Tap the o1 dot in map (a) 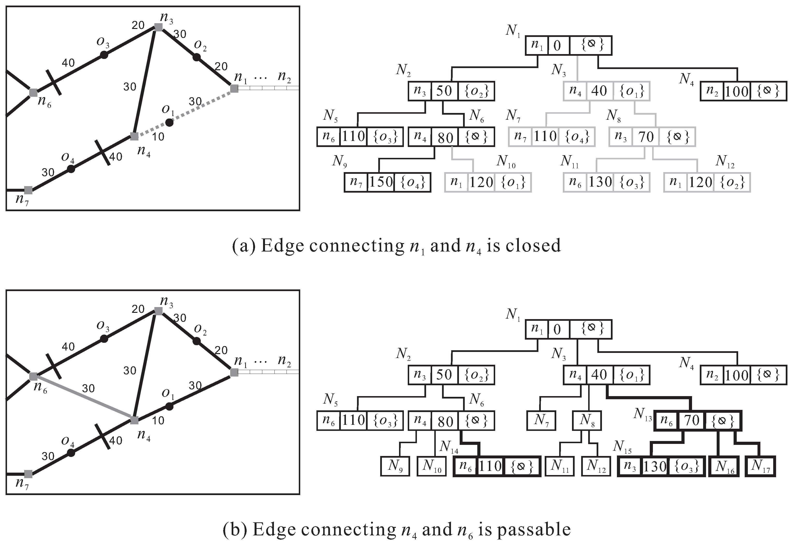click(169, 122)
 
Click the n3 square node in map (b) click(158, 311)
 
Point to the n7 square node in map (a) click(29, 190)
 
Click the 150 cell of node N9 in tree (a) click(381, 182)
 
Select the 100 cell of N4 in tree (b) click(737, 375)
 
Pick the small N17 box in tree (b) click(760, 466)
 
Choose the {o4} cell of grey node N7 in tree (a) click(577, 137)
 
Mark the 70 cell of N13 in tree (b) click(691, 420)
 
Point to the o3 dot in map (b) click(104, 339)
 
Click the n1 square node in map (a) click(234, 89)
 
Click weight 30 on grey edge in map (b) click(88, 388)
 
